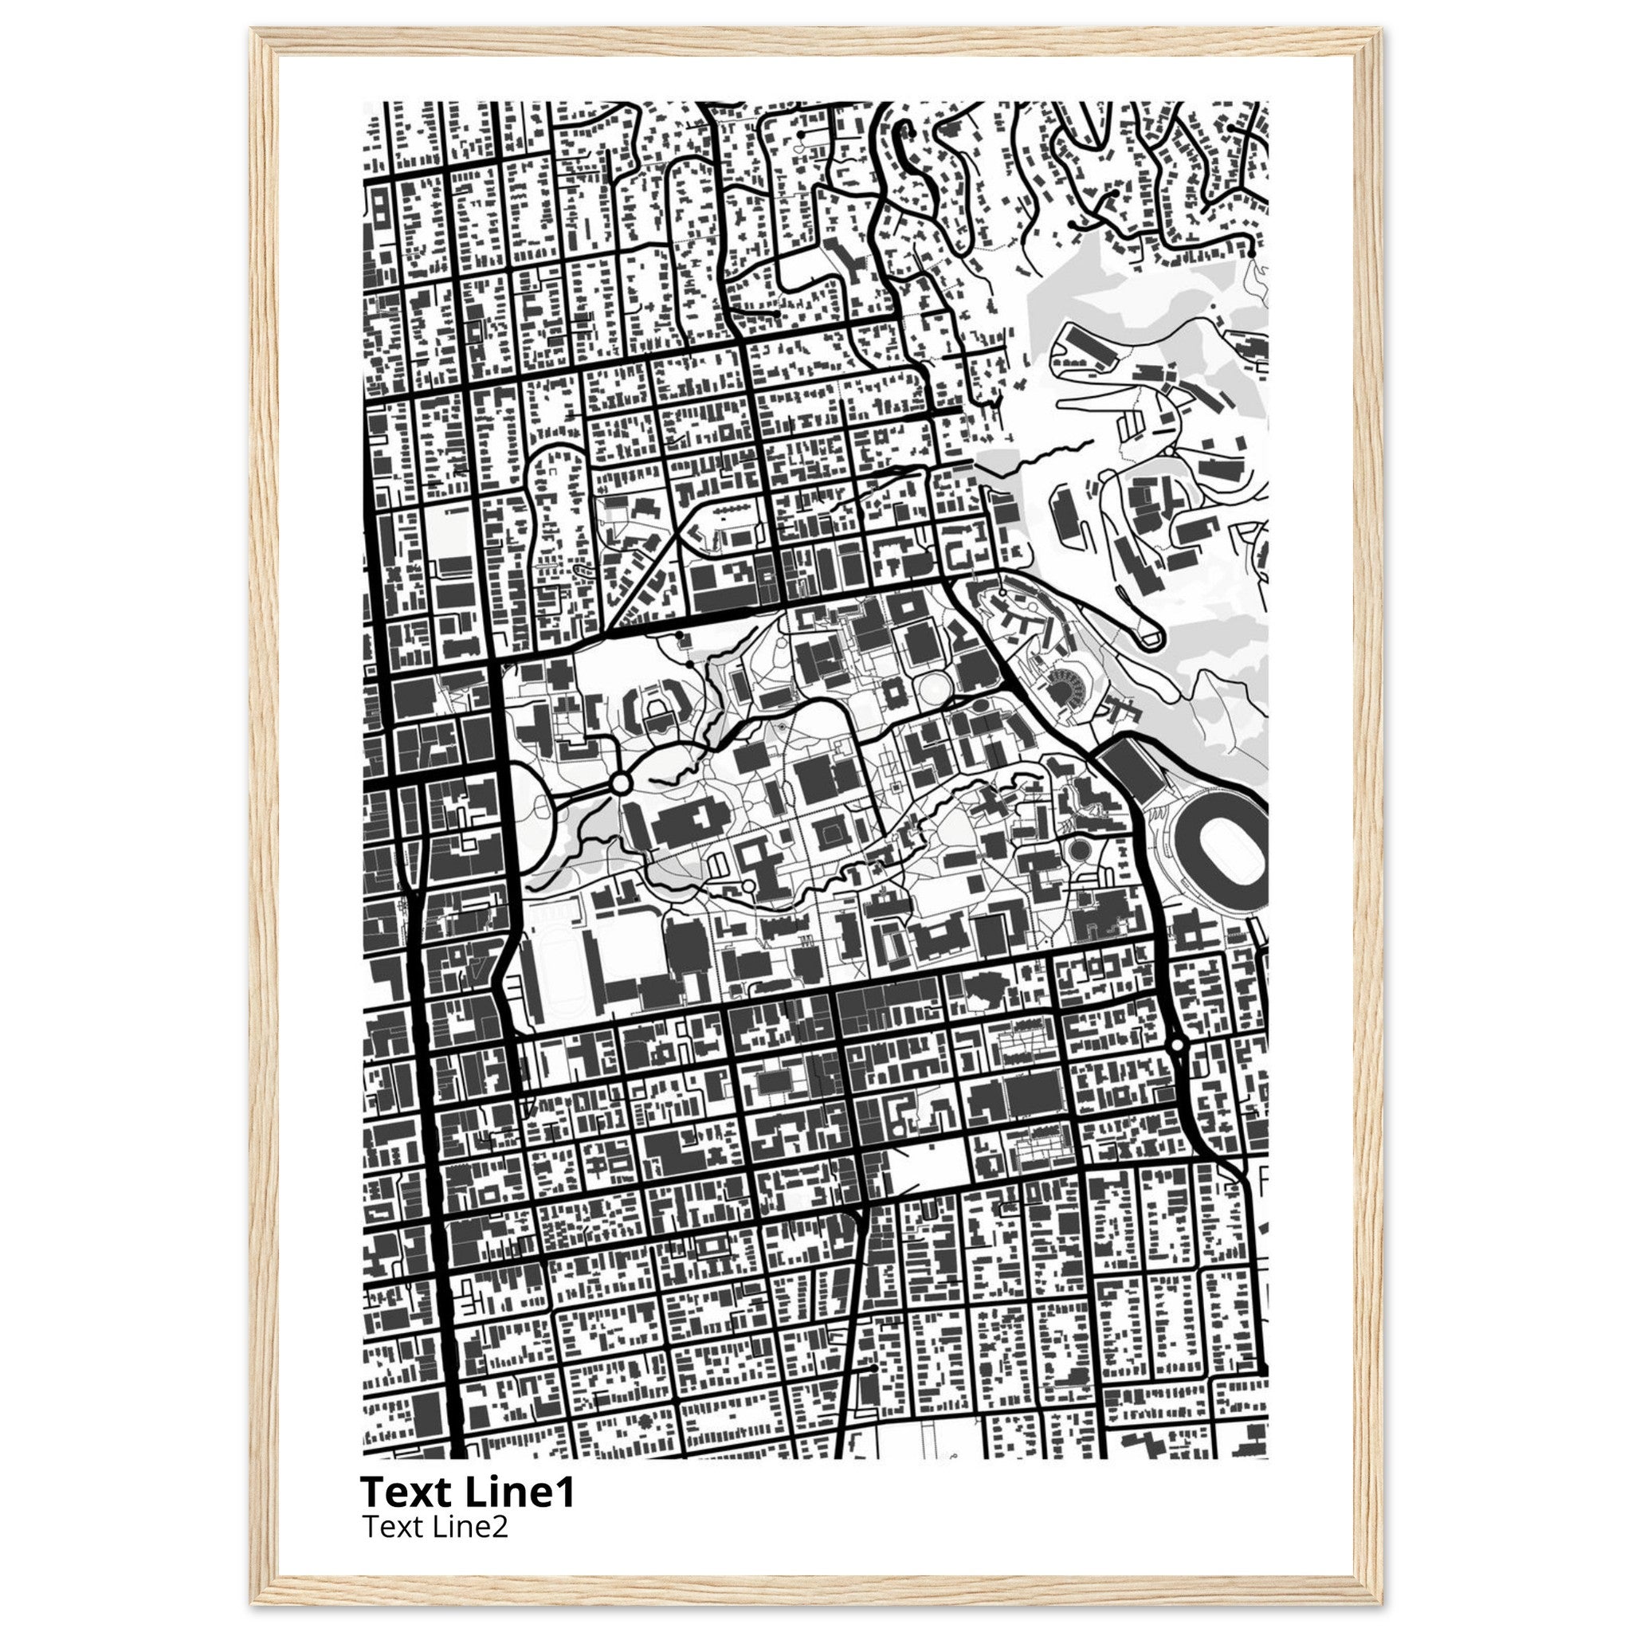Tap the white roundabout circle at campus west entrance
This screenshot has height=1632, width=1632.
pyautogui.click(x=620, y=784)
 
